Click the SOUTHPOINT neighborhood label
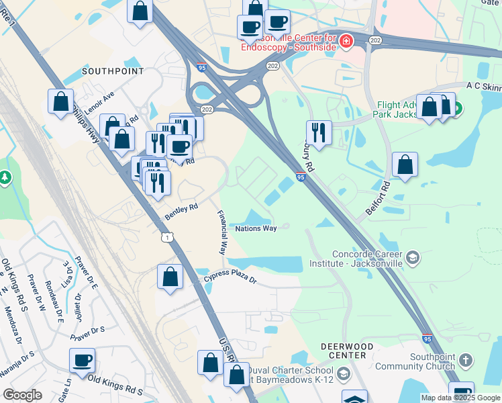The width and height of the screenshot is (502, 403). pos(103,71)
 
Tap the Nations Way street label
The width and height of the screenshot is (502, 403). pos(256,229)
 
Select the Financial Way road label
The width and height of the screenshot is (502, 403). pos(221,232)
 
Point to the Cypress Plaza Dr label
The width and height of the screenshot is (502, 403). pos(231,276)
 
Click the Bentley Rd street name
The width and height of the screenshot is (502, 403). pos(181,212)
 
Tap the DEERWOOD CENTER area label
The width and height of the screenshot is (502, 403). pos(347,351)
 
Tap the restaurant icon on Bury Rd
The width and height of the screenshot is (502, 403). pos(319,132)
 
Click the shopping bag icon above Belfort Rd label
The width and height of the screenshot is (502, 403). pos(405,165)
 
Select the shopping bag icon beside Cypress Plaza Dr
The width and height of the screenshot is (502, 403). pos(170,276)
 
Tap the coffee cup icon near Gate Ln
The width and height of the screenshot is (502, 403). pos(82,359)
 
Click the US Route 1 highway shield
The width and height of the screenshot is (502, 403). pos(167,237)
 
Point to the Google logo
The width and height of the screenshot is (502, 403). pos(23,395)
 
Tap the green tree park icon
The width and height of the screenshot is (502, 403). pos(5,178)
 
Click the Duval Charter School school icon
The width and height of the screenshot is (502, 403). pos(343,373)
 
